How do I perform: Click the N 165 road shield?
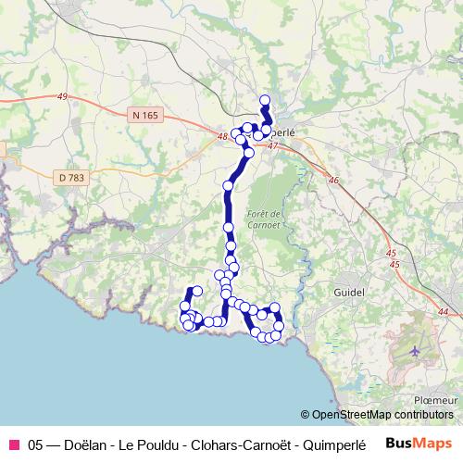click(145, 115)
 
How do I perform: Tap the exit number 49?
click(62, 96)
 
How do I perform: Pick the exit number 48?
click(221, 137)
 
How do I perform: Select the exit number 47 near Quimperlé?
click(271, 145)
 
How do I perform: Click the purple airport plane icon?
click(414, 351)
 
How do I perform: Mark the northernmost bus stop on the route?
click(265, 100)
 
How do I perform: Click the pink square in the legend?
click(13, 444)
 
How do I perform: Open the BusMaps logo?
click(419, 443)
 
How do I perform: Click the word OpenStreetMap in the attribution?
click(353, 414)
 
